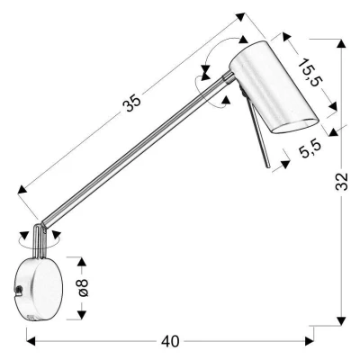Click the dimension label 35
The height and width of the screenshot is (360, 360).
point(132,104)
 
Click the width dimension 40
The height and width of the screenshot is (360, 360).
point(171,341)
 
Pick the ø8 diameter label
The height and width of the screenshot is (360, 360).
point(83,286)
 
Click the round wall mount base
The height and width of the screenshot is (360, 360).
point(38,288)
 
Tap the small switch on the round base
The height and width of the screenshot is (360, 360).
point(18,287)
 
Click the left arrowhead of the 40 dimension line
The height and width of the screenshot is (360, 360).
point(30,341)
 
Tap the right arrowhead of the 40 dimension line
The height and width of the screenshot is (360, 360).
point(311,341)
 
